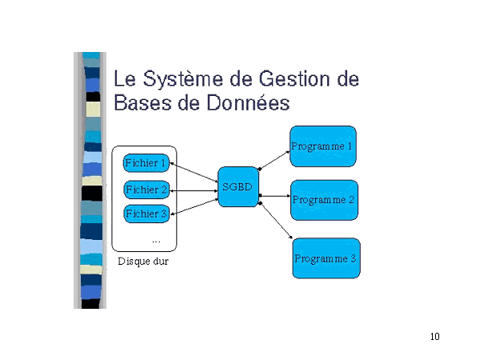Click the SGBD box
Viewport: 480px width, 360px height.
click(x=238, y=187)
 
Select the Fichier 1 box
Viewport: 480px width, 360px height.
click(x=146, y=163)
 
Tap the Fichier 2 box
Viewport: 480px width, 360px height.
click(x=146, y=190)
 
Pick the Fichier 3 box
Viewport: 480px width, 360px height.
click(x=146, y=214)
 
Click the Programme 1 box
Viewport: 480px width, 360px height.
click(x=322, y=146)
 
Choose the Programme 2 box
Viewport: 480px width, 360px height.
click(x=324, y=200)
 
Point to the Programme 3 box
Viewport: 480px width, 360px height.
click(x=326, y=258)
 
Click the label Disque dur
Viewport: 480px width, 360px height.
click(x=143, y=261)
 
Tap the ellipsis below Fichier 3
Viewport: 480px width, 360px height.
click(x=156, y=240)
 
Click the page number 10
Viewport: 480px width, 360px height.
click(x=434, y=336)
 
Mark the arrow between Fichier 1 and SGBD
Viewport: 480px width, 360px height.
click(x=194, y=174)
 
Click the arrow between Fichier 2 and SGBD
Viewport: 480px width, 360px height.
click(x=194, y=190)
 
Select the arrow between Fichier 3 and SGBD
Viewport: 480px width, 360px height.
click(x=194, y=205)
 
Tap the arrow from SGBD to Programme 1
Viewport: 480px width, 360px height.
click(x=274, y=159)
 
